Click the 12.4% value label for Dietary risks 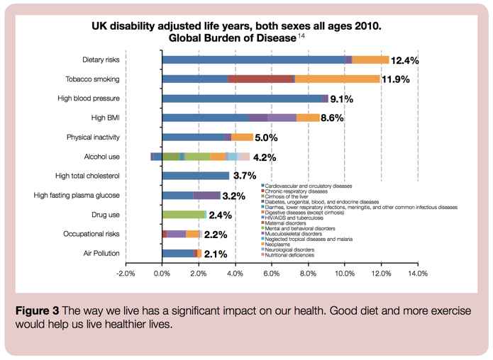405,60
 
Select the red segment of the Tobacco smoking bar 261,79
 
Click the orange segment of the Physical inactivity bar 242,137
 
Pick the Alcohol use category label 102,157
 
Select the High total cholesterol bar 196,176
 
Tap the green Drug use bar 183,214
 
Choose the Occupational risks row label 92,233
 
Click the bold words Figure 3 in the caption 38,310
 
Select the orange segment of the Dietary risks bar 370,60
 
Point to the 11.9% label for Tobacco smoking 396,79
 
